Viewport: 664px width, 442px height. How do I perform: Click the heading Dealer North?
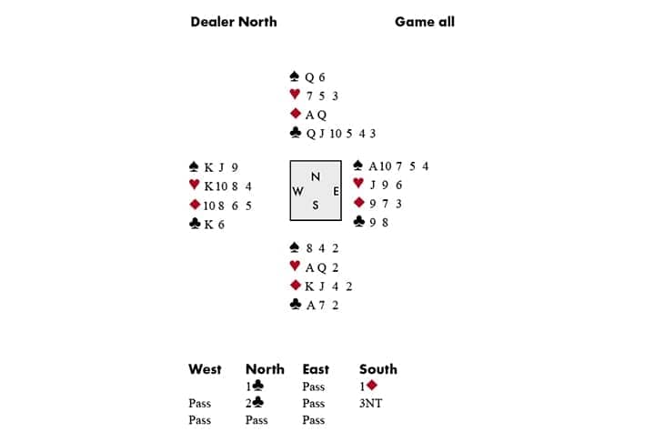[234, 22]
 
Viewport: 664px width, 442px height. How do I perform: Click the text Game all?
[425, 22]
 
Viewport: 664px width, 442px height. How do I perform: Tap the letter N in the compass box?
[316, 176]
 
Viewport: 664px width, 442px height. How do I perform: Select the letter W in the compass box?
[298, 191]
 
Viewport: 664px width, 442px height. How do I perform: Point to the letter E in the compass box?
[335, 191]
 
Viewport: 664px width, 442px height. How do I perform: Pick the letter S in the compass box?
[316, 206]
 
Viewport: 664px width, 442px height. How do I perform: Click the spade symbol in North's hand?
[295, 77]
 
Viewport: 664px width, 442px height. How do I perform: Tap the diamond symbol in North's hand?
[295, 115]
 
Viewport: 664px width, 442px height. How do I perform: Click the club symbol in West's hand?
[194, 224]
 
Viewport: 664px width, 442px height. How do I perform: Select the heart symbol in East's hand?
[358, 184]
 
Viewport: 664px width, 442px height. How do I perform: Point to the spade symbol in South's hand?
[295, 247]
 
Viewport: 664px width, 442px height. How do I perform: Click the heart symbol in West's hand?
[194, 186]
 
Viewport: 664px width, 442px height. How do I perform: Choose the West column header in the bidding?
[205, 369]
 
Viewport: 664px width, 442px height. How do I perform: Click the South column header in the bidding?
[378, 369]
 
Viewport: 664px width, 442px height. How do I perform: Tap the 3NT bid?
[371, 403]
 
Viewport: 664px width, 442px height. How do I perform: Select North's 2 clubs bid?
[256, 403]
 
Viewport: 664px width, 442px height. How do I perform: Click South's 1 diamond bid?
[368, 386]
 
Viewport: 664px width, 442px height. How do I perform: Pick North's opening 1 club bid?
[256, 386]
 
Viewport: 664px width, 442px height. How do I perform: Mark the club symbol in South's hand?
[295, 305]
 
